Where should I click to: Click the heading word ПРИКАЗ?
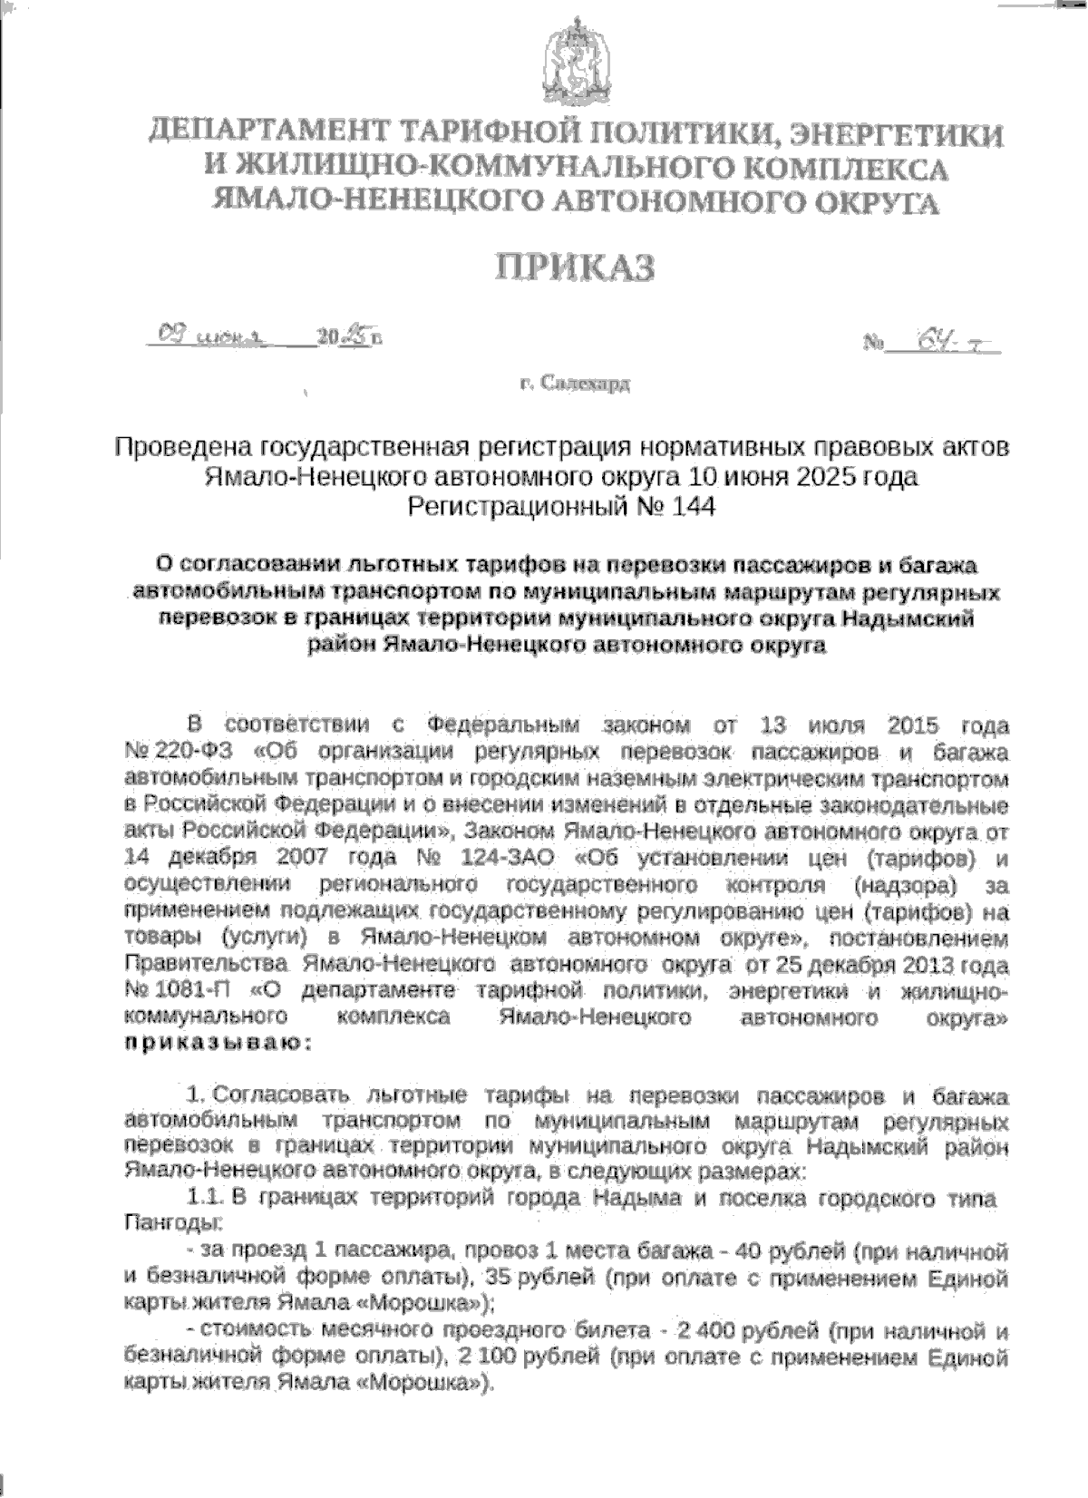tap(573, 267)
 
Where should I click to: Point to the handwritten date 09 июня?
tap(211, 337)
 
